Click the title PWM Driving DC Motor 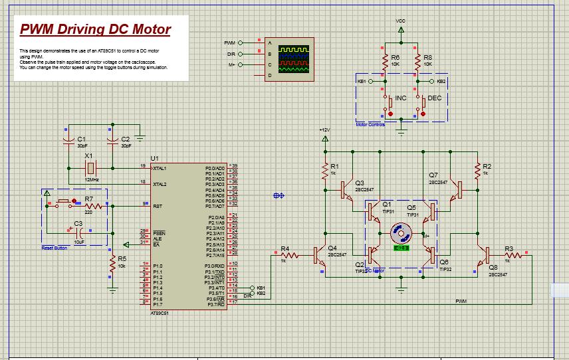click(95, 30)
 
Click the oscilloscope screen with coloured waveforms click(293, 58)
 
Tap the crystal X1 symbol click(90, 165)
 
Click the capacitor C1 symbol click(67, 141)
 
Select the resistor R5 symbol click(113, 264)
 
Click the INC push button click(386, 101)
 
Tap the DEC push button click(423, 101)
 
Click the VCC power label click(400, 21)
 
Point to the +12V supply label click(324, 130)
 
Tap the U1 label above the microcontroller click(155, 158)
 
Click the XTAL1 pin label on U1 click(160, 169)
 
